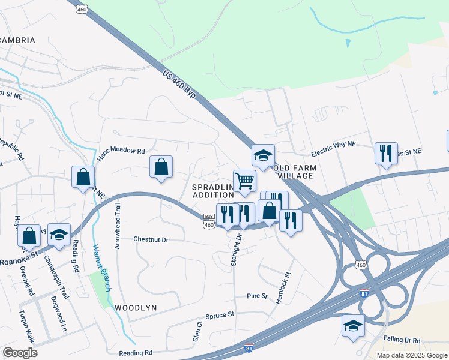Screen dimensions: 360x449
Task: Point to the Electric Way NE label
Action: (333, 145)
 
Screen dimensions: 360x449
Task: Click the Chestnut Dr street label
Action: (151, 239)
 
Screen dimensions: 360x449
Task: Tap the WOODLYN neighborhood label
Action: (136, 307)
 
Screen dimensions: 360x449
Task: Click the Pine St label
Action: (257, 296)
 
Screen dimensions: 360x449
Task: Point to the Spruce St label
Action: (219, 314)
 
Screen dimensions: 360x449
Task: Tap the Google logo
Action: (20, 352)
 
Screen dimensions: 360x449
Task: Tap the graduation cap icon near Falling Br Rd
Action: (354, 326)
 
